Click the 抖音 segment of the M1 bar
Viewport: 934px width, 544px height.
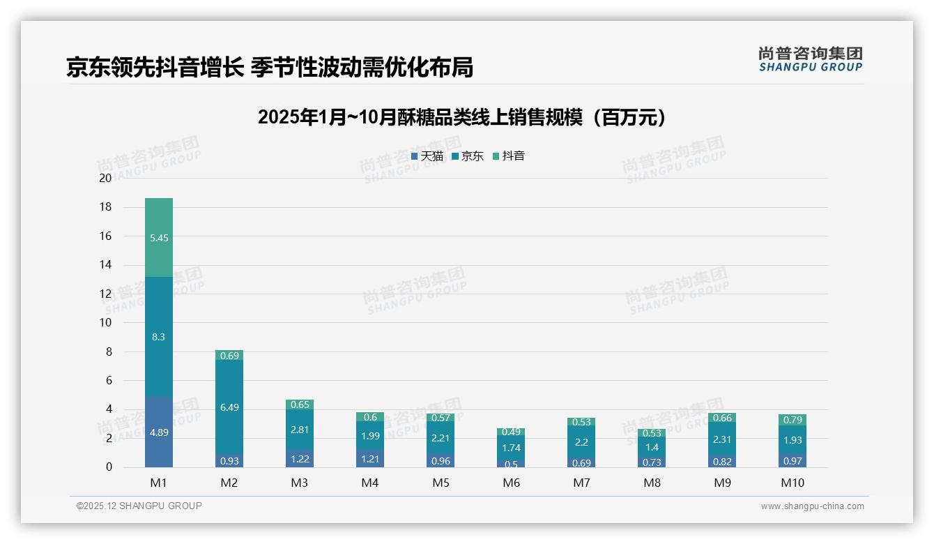pos(159,237)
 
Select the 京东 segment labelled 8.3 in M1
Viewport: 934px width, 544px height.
pos(159,336)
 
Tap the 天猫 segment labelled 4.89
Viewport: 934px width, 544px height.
pos(159,432)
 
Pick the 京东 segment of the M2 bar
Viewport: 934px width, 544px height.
pos(229,407)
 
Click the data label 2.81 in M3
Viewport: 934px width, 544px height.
pos(300,430)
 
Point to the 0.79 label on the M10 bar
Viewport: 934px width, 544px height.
pos(792,420)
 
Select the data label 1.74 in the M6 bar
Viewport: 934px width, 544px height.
pos(511,448)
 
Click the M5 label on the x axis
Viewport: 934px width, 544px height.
pos(441,483)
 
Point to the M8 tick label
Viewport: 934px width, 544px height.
pos(652,483)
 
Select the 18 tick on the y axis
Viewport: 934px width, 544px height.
pos(105,207)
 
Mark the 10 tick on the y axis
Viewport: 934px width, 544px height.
pos(105,322)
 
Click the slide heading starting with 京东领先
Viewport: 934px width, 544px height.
pos(270,67)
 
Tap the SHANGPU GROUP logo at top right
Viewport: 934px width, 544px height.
pos(810,59)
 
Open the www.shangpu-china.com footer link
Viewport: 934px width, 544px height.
pos(812,506)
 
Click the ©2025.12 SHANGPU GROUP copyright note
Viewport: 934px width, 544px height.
pos(139,506)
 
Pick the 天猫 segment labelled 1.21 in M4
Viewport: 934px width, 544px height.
pos(370,460)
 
